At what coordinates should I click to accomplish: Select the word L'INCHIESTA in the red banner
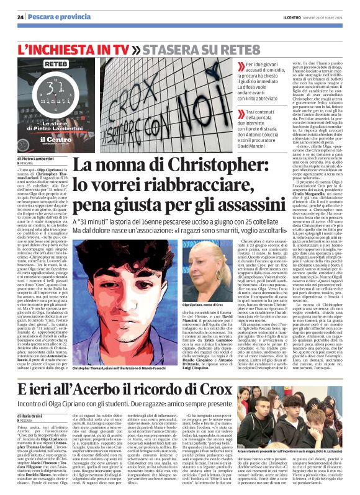pyautogui.click(x=66, y=48)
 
